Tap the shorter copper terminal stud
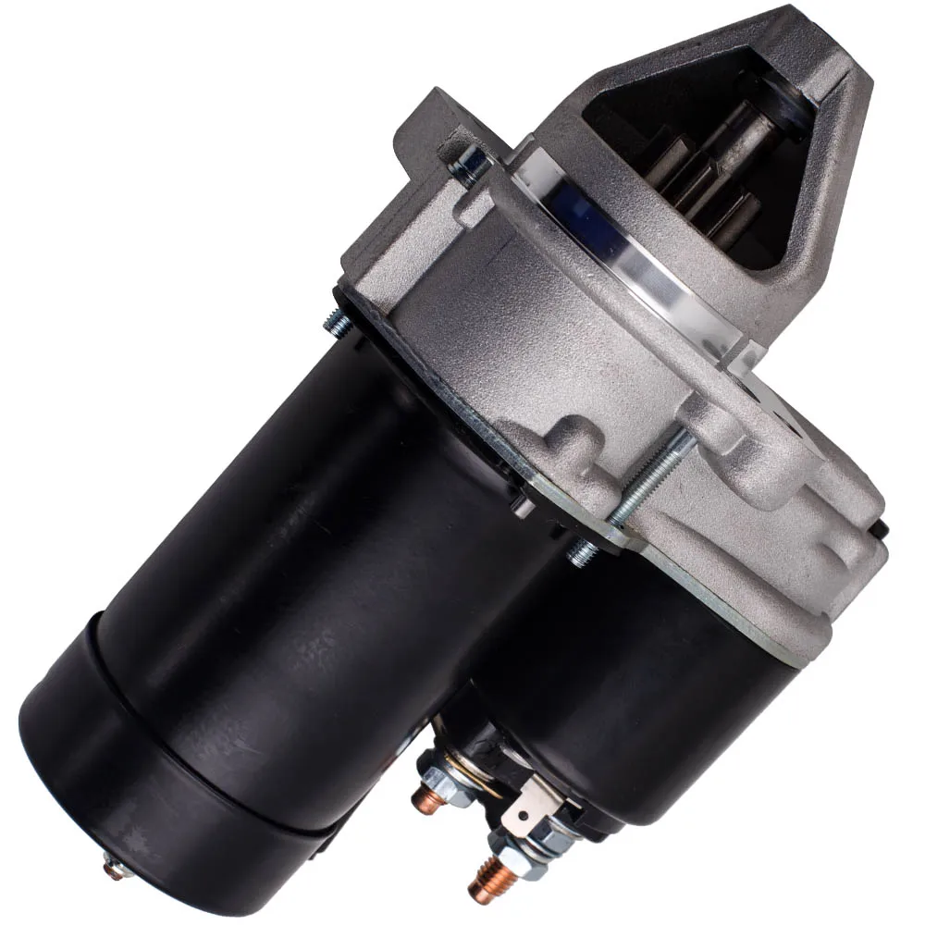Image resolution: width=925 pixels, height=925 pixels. (x=428, y=796)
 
